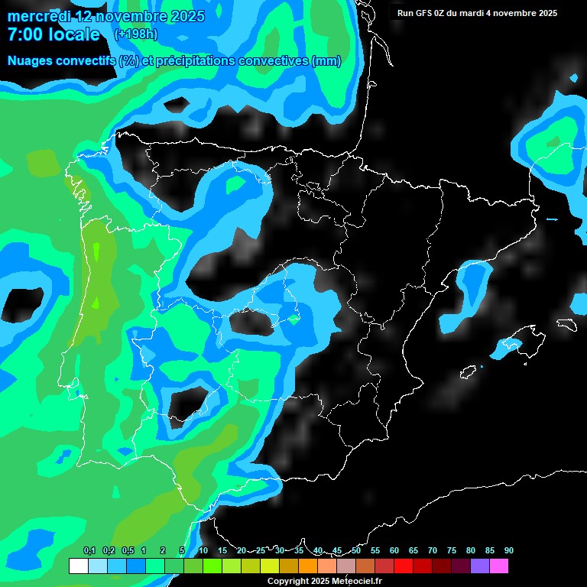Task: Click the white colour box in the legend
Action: pyautogui.click(x=78, y=566)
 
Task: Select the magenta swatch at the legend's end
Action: pyautogui.click(x=499, y=566)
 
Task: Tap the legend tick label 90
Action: pyautogui.click(x=509, y=551)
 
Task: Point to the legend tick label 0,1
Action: pyautogui.click(x=89, y=551)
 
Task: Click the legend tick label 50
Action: pyautogui.click(x=356, y=551)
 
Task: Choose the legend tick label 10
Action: pyautogui.click(x=203, y=551)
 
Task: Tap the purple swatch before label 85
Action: pyautogui.click(x=480, y=566)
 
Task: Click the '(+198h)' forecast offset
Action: pyautogui.click(x=135, y=34)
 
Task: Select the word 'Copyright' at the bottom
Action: pyautogui.click(x=288, y=582)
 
